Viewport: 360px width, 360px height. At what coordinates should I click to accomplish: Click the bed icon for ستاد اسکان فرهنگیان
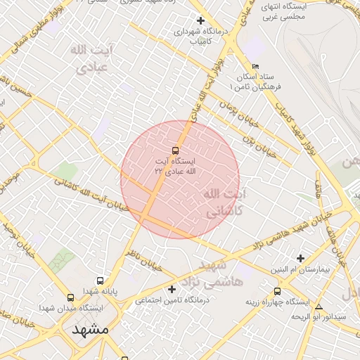tap(255, 66)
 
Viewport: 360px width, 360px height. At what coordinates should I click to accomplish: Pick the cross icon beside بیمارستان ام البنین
tap(301, 258)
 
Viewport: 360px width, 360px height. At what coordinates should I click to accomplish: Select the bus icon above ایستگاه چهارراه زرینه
tap(277, 290)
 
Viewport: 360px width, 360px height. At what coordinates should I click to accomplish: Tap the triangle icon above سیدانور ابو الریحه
tap(319, 307)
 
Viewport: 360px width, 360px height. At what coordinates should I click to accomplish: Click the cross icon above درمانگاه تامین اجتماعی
tap(172, 289)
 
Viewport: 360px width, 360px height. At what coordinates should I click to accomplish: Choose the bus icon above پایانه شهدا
tap(100, 281)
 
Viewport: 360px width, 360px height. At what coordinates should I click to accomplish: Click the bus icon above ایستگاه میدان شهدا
tap(70, 297)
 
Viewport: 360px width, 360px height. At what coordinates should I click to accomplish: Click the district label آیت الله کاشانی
tap(225, 202)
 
